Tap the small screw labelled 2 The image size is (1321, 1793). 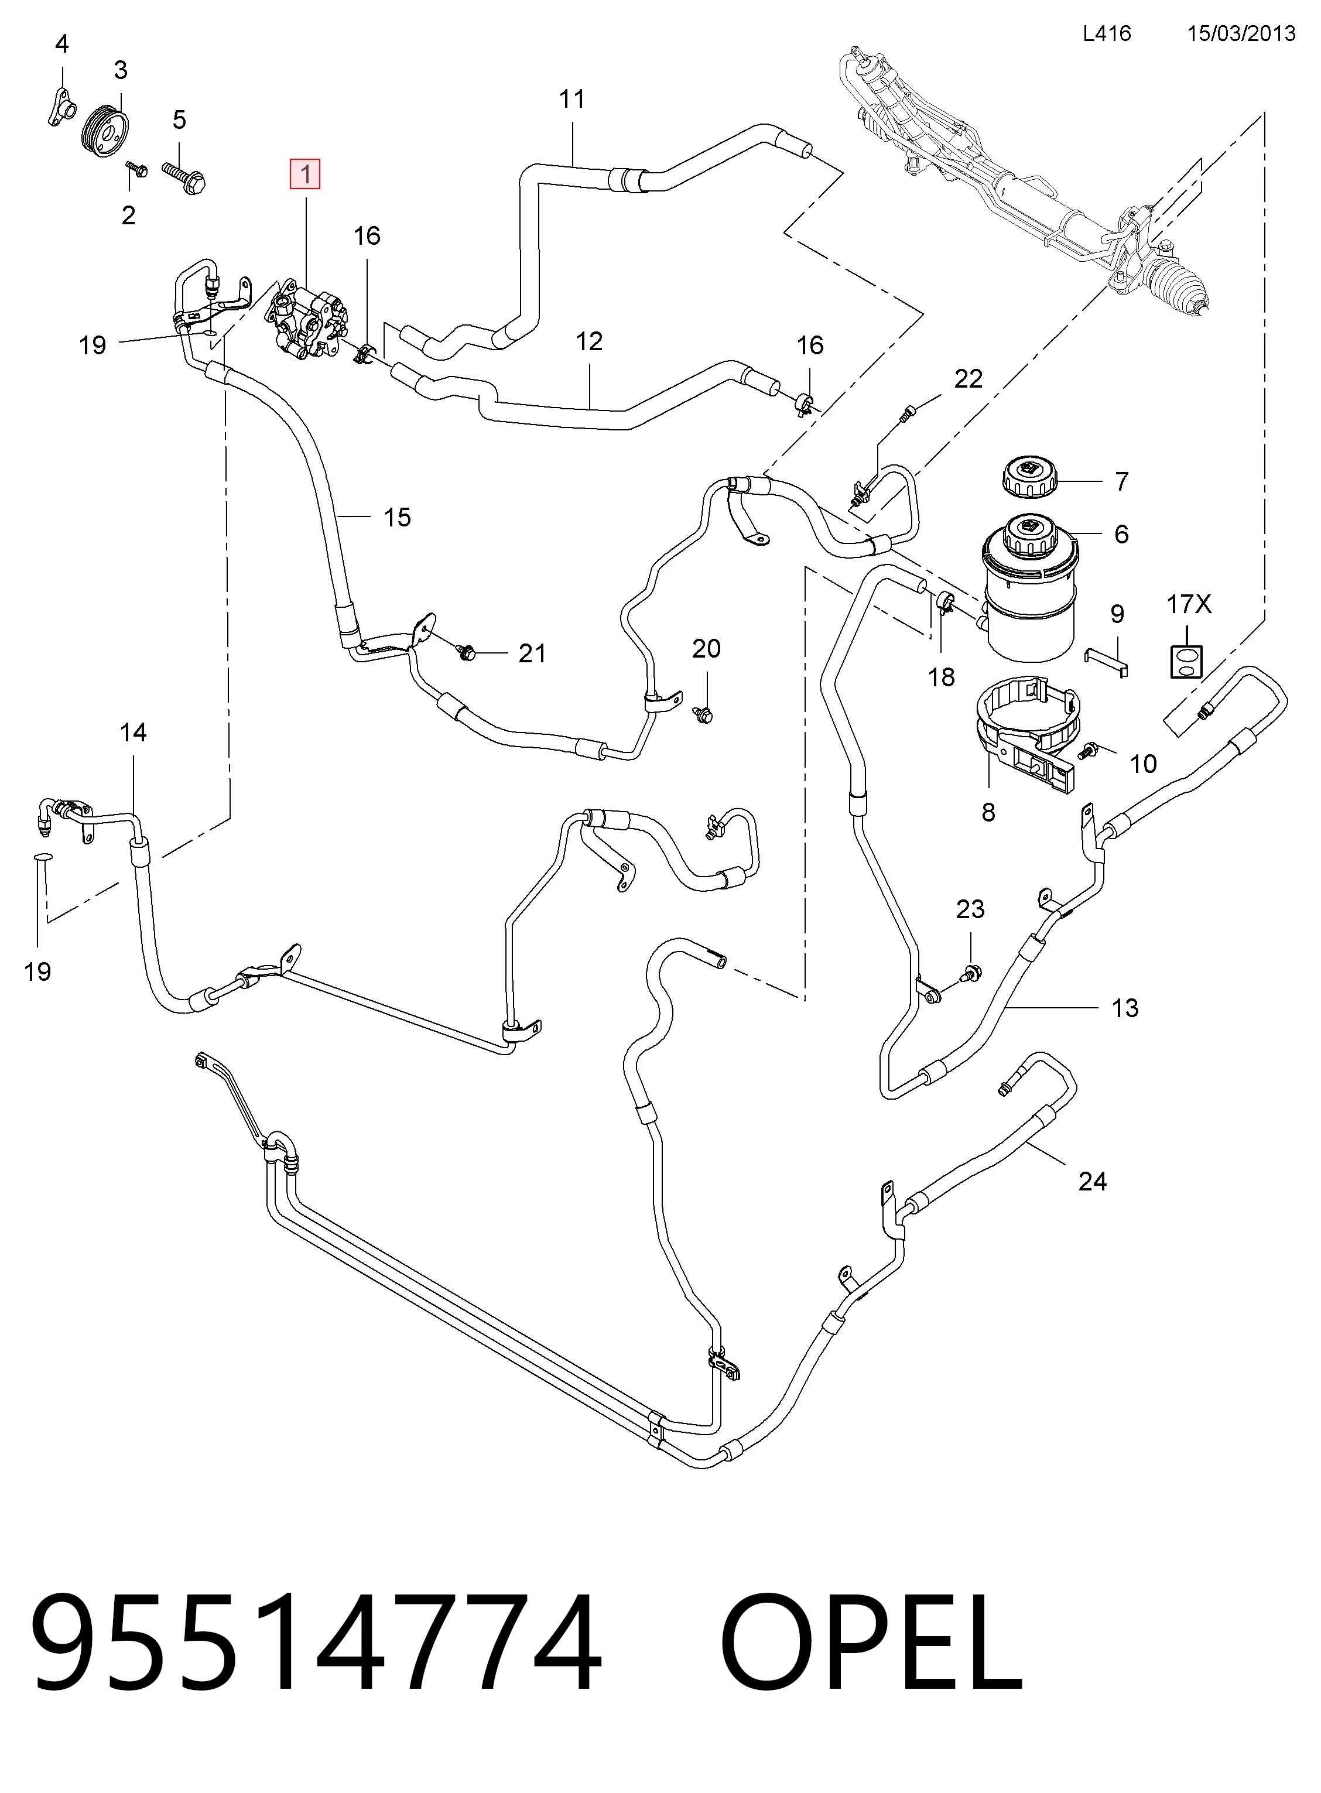click(138, 169)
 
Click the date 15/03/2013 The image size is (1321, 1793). click(1241, 33)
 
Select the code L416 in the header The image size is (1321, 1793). click(1107, 33)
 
